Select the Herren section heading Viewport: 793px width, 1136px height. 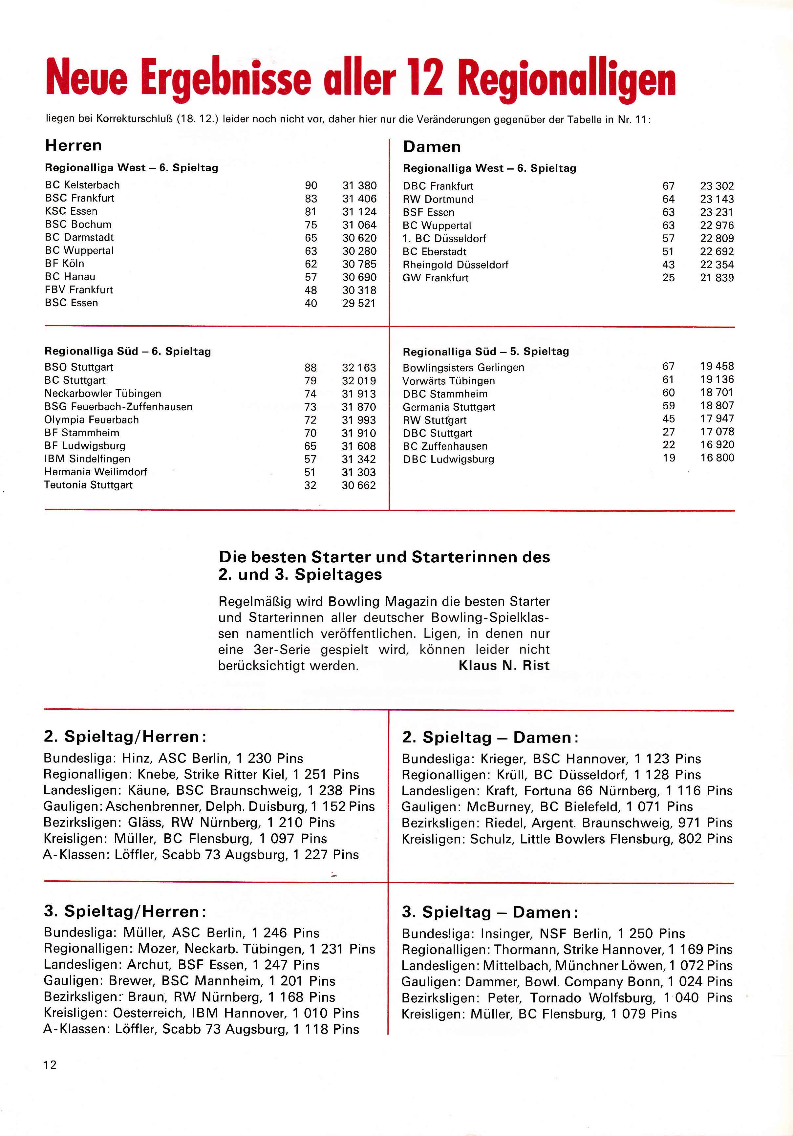click(73, 145)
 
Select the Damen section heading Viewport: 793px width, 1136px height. click(431, 147)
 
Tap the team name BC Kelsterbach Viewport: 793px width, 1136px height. click(82, 185)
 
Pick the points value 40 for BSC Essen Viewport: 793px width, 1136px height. click(311, 303)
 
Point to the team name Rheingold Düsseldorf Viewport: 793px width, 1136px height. click(455, 265)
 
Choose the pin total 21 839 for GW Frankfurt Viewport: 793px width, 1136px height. click(717, 278)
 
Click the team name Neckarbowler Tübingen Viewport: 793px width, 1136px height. click(102, 394)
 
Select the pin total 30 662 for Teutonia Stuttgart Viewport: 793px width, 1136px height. click(359, 486)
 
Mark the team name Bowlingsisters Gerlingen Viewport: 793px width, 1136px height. click(463, 368)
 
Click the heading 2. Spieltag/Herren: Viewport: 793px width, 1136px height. click(125, 737)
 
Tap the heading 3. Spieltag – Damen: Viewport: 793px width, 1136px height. click(490, 912)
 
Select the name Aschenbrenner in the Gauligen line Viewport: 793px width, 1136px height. click(153, 806)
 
